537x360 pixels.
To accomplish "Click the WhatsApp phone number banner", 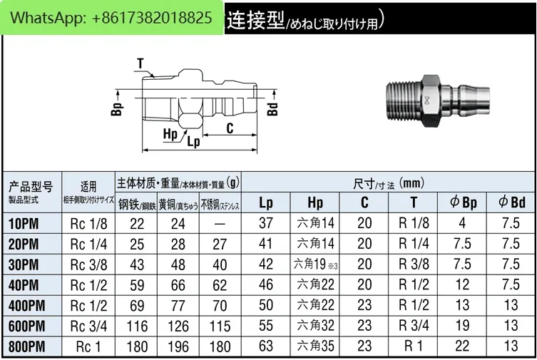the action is (112, 17).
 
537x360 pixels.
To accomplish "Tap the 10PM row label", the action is (24, 224).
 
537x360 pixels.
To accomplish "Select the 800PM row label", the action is (26, 346).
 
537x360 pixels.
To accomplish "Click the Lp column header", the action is (266, 202).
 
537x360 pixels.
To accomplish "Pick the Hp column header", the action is (315, 202).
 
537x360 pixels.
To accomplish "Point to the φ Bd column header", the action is (511, 202).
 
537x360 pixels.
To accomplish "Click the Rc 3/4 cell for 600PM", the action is (88, 326).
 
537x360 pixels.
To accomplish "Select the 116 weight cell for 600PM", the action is (137, 326).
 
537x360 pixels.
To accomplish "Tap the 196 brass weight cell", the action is (178, 346).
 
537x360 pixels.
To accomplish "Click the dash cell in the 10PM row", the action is (220, 224).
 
